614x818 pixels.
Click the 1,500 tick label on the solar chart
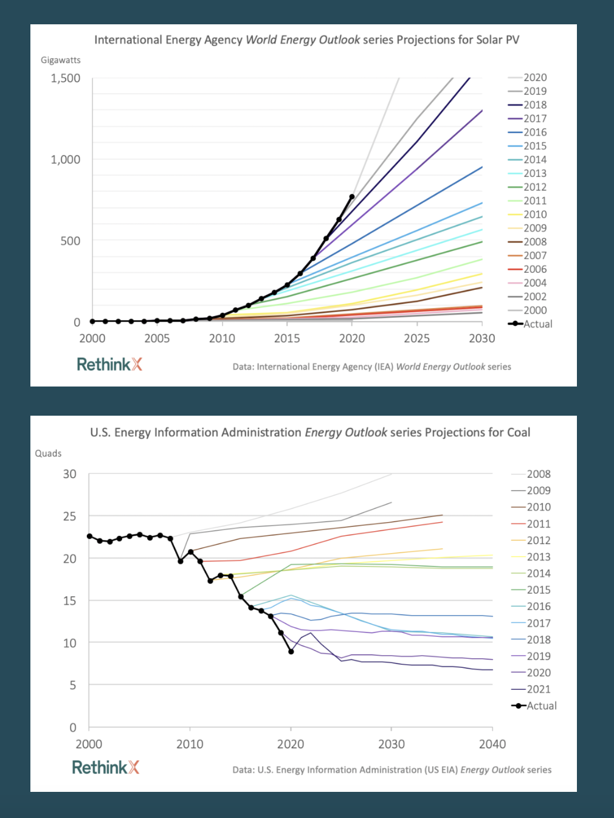point(66,78)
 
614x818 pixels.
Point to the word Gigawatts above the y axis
point(61,60)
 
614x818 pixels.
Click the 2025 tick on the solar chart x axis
point(417,339)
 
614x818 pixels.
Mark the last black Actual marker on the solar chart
point(352,197)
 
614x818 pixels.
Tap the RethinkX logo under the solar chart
point(109,365)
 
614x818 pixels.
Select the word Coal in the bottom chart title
point(519,433)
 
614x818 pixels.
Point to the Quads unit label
point(48,453)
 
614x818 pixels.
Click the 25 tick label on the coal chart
point(70,517)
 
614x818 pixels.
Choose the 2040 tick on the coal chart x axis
point(492,744)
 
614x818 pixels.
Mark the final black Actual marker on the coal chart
point(291,651)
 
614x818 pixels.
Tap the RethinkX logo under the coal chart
point(106,768)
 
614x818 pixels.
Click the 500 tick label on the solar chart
point(70,241)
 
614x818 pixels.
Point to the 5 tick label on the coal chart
point(73,686)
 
